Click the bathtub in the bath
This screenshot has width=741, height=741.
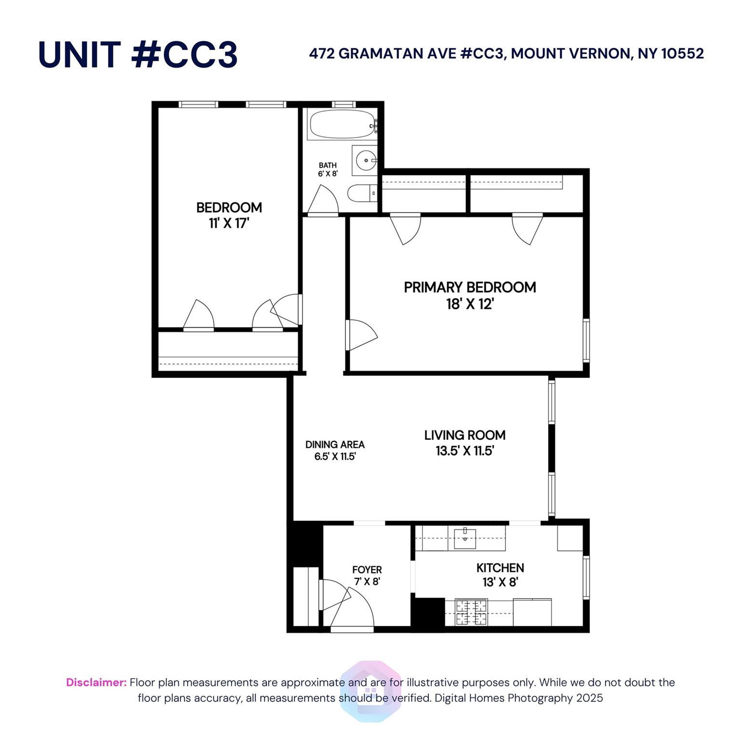pyautogui.click(x=342, y=124)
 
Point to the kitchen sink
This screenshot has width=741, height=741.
pyautogui.click(x=465, y=538)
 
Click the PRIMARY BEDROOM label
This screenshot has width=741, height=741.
pyautogui.click(x=469, y=288)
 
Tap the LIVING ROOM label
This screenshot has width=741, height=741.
pyautogui.click(x=465, y=435)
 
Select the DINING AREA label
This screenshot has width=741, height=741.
pyautogui.click(x=335, y=444)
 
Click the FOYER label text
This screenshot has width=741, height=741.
pyautogui.click(x=367, y=570)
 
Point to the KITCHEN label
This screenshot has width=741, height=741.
pyautogui.click(x=500, y=568)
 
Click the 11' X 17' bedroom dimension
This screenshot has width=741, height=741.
pyautogui.click(x=229, y=223)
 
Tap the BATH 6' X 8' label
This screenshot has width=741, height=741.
pyautogui.click(x=328, y=169)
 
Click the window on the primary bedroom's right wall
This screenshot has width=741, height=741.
pyautogui.click(x=586, y=340)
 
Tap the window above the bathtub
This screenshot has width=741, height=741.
pyautogui.click(x=344, y=104)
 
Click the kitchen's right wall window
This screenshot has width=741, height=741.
pyautogui.click(x=586, y=577)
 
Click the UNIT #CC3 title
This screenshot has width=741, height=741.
pyautogui.click(x=138, y=55)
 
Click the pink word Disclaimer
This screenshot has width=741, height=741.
pyautogui.click(x=96, y=682)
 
